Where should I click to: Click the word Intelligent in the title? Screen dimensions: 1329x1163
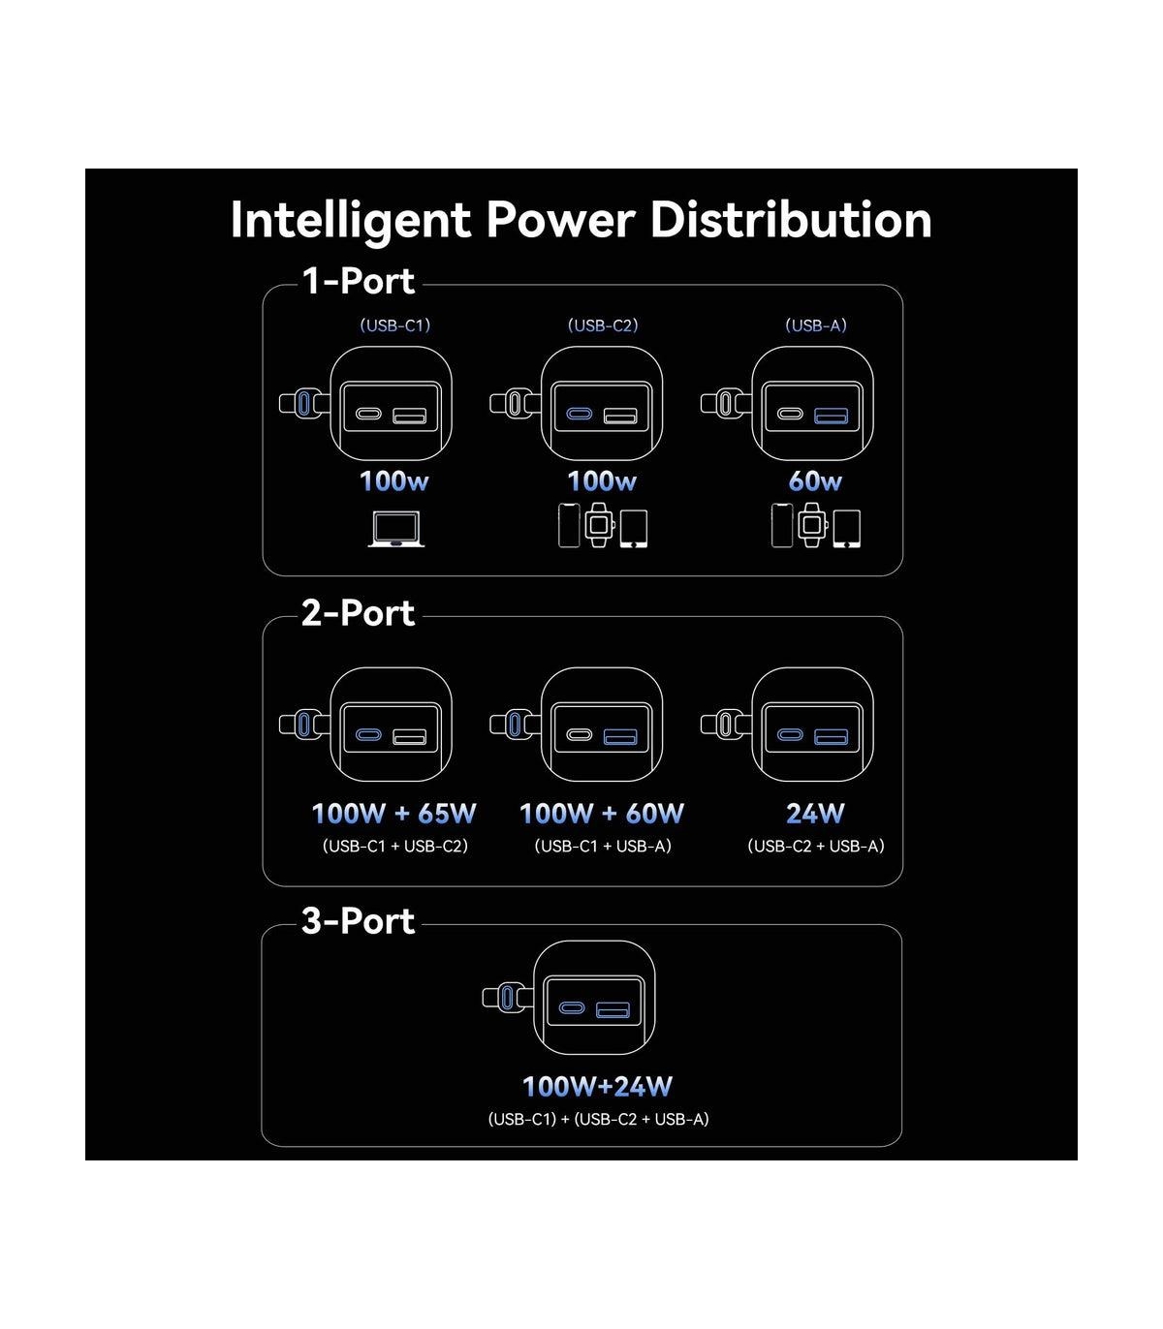(x=350, y=220)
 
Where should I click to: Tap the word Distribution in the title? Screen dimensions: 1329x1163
(x=791, y=220)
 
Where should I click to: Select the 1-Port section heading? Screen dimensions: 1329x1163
(x=358, y=281)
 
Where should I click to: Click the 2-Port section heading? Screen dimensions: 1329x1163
(x=358, y=613)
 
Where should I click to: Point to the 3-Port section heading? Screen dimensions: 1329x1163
(x=358, y=921)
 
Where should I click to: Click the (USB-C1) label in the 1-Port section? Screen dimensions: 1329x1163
(x=394, y=325)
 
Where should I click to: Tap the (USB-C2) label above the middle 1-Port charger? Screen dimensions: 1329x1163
(x=603, y=325)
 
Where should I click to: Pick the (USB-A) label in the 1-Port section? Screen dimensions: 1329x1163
(x=815, y=325)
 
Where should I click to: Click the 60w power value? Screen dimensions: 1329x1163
(x=815, y=481)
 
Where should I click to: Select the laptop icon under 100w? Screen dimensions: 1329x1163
(x=395, y=529)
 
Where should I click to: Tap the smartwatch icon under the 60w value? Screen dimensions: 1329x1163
(x=812, y=526)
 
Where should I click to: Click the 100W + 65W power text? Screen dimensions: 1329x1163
(x=394, y=814)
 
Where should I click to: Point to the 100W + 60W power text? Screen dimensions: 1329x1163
(x=602, y=814)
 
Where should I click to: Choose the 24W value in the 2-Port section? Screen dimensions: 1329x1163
(x=815, y=814)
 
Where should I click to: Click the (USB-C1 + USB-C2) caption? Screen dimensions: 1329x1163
(x=394, y=847)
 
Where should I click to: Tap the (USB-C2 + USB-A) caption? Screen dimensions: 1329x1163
(x=815, y=847)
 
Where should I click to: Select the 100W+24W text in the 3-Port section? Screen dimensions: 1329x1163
(x=597, y=1087)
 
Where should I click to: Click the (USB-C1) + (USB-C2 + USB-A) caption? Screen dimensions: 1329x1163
(x=598, y=1120)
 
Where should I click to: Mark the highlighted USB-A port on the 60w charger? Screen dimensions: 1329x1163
(x=831, y=417)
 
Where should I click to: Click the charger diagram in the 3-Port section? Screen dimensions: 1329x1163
(x=593, y=999)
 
